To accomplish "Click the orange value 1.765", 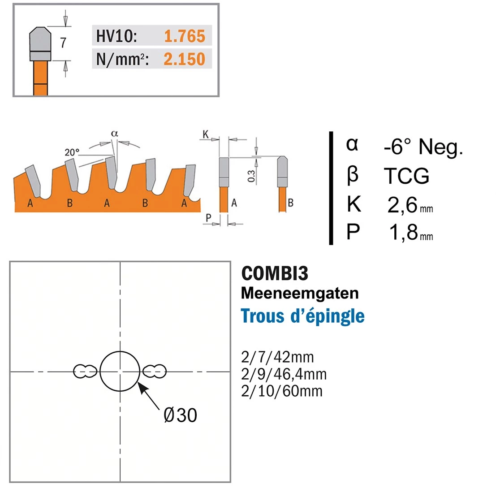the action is [185, 36].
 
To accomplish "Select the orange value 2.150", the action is [184, 59].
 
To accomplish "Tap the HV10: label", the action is [116, 36].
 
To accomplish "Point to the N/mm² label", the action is [122, 59].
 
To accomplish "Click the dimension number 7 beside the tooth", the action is [63, 43].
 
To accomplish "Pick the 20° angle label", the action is [72, 152].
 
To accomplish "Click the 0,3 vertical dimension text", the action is [251, 176].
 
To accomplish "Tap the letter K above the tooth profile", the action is [206, 134].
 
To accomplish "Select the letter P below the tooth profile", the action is [208, 218].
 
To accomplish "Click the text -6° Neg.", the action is [423, 147].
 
